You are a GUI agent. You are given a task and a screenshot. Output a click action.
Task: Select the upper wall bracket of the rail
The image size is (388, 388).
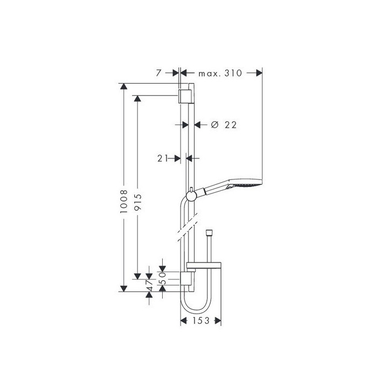click(185, 96)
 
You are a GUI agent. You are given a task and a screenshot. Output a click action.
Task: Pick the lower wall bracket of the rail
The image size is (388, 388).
click(185, 279)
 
